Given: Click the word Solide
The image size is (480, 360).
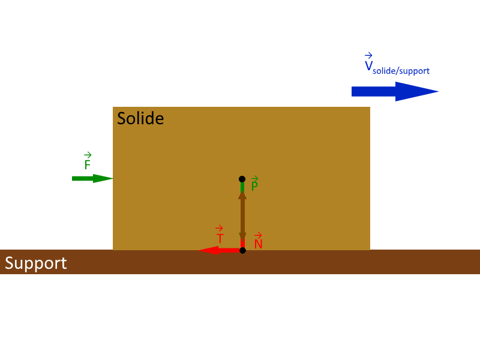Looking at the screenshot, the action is click(140, 118).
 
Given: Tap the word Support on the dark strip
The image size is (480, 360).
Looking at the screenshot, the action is click(36, 263).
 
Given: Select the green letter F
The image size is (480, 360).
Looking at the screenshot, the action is click(88, 164).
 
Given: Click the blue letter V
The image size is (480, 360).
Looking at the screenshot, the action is click(368, 66).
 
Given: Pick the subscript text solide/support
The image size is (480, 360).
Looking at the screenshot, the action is click(401, 71).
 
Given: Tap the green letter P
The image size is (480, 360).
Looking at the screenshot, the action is click(254, 186).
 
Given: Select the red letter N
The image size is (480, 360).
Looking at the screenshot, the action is click(259, 244).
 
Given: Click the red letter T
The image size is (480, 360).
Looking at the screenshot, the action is click(220, 238).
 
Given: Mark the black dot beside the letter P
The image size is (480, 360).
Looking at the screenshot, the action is click(242, 179).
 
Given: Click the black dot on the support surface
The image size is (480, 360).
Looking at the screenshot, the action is click(242, 250).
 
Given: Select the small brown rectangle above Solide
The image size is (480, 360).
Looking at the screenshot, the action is click(106, 52).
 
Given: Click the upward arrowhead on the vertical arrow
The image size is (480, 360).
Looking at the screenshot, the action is click(242, 194).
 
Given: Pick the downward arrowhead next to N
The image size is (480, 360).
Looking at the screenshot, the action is click(242, 237).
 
